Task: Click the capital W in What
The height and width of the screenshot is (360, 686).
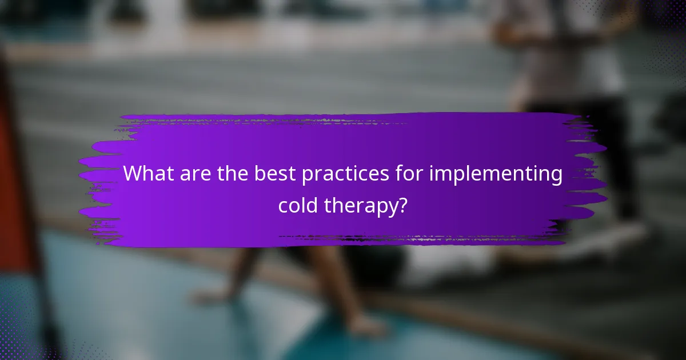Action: (x=134, y=174)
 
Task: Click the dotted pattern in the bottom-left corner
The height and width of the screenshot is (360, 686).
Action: (x=23, y=337)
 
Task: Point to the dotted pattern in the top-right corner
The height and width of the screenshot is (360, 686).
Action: (x=663, y=23)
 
